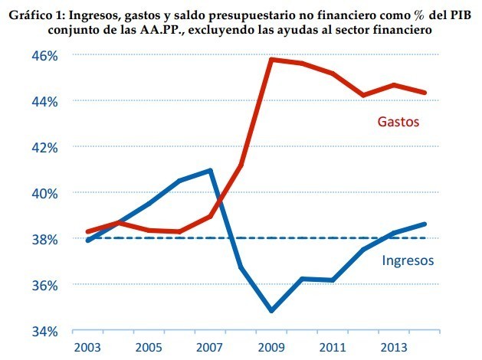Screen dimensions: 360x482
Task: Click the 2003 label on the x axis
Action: click(x=88, y=348)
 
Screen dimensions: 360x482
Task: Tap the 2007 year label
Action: click(x=211, y=348)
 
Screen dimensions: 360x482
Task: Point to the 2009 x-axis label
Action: click(x=272, y=348)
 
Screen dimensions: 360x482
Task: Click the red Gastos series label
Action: click(x=401, y=121)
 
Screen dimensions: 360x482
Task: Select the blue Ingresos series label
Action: click(x=408, y=260)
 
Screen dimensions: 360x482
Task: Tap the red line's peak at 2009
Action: click(x=271, y=59)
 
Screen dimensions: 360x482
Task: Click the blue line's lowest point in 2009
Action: click(x=271, y=311)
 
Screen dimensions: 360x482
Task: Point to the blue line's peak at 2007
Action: click(x=210, y=170)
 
